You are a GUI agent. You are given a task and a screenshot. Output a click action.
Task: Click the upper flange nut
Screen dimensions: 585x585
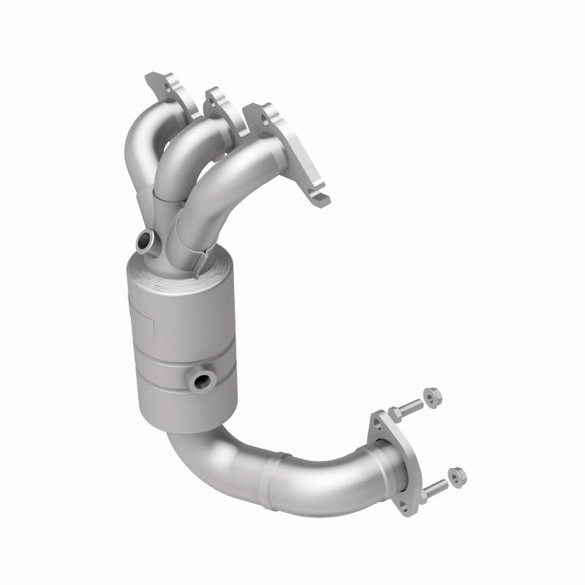pyautogui.click(x=433, y=397)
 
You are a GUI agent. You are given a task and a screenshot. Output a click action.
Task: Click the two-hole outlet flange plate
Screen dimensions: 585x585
pyautogui.click(x=395, y=463)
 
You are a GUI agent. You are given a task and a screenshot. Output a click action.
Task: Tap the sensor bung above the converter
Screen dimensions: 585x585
pyautogui.click(x=145, y=240)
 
